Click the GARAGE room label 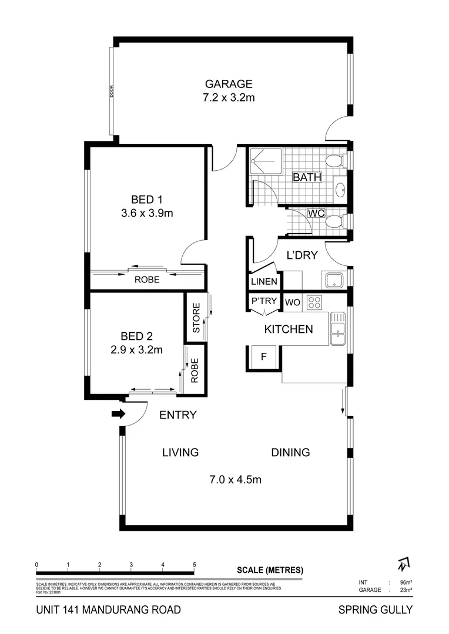(229, 84)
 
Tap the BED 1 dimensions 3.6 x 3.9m (146, 213)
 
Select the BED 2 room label (136, 336)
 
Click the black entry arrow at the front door (118, 414)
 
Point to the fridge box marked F (263, 356)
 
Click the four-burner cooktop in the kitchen (314, 302)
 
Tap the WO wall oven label (293, 302)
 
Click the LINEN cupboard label (264, 282)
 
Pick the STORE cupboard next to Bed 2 (196, 317)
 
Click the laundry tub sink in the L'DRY (333, 280)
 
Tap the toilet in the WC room (335, 221)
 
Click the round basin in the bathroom (340, 190)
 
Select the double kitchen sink (338, 329)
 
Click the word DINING (290, 453)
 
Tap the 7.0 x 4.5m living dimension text (235, 480)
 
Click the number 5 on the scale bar (194, 565)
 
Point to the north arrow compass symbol (403, 564)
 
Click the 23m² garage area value (404, 590)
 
